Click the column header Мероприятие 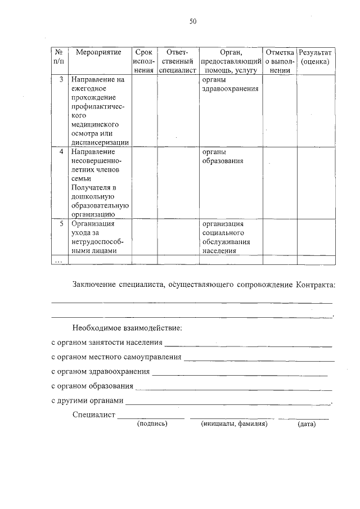[x=98, y=52]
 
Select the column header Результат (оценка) [x=316, y=56]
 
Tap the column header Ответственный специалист [x=177, y=61]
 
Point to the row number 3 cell [x=61, y=79]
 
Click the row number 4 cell [x=61, y=152]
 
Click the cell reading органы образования [x=222, y=156]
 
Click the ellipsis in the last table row [x=58, y=260]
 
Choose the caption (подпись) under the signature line [x=152, y=424]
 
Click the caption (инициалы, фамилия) [x=234, y=424]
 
